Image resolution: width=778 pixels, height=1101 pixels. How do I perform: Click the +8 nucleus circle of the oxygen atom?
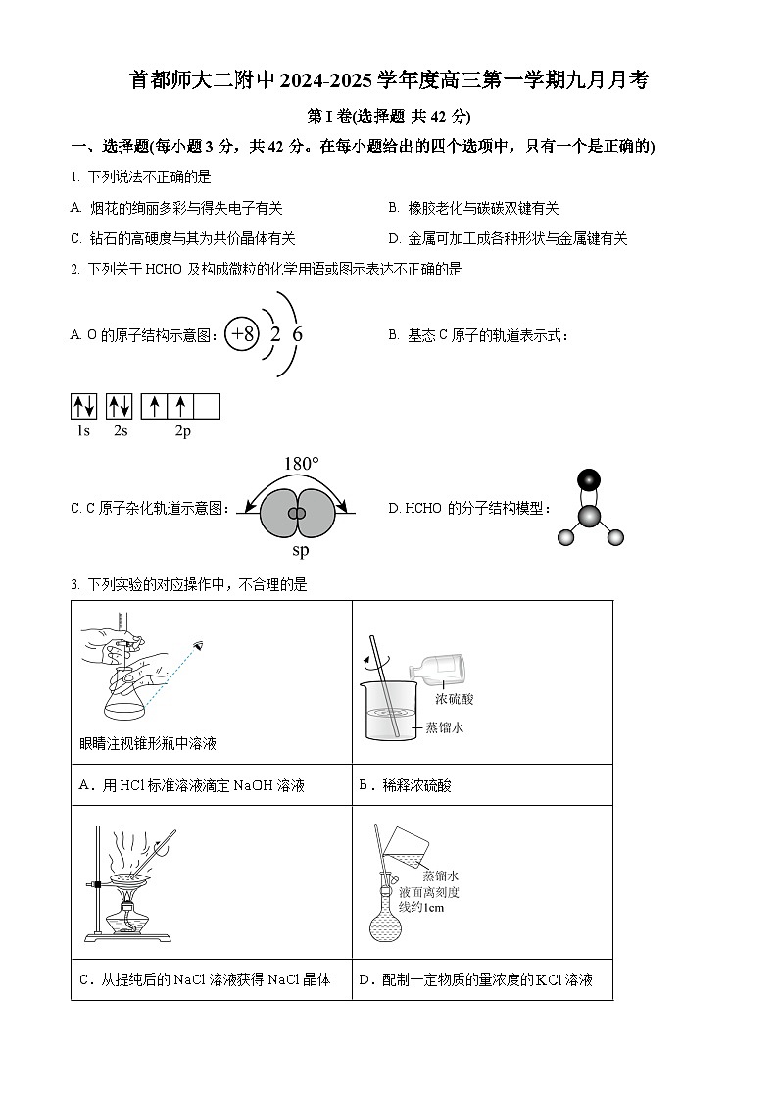pyautogui.click(x=241, y=334)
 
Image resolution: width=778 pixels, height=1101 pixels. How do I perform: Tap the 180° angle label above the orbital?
pyautogui.click(x=301, y=464)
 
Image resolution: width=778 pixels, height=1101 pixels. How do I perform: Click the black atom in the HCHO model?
pyautogui.click(x=588, y=479)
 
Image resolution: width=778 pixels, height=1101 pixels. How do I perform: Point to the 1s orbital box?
pyautogui.click(x=83, y=406)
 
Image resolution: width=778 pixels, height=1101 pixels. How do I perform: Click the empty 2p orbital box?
pyautogui.click(x=207, y=406)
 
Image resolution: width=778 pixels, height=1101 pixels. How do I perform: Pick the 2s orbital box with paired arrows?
pyautogui.click(x=120, y=406)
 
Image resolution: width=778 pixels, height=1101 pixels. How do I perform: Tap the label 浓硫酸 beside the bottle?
pyautogui.click(x=455, y=699)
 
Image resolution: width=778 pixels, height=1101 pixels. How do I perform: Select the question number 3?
pyautogui.click(x=74, y=584)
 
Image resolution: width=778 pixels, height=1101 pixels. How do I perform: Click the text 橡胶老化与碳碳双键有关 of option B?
pyautogui.click(x=483, y=208)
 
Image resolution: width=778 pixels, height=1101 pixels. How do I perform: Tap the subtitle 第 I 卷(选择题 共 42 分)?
pyautogui.click(x=389, y=116)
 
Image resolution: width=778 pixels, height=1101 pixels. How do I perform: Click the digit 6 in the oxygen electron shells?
pyautogui.click(x=298, y=334)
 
